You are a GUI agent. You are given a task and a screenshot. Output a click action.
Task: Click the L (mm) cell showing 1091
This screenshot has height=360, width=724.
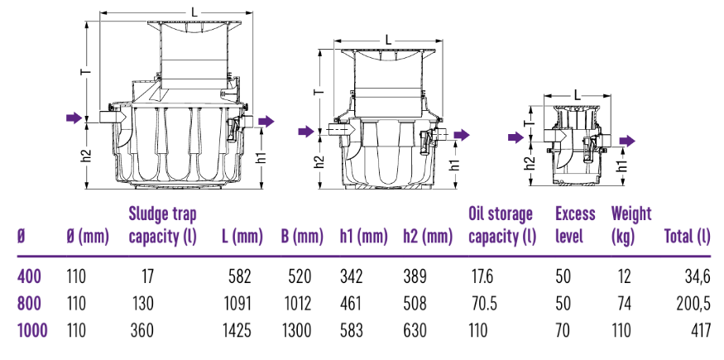tap(237, 303)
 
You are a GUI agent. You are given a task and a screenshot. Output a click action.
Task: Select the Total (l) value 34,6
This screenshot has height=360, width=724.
tap(698, 277)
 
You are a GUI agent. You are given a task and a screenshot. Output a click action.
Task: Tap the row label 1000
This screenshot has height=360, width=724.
tap(32, 330)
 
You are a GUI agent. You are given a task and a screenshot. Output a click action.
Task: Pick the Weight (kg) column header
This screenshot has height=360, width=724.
tap(631, 225)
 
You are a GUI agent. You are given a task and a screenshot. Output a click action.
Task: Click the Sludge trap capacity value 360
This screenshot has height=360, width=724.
tap(141, 330)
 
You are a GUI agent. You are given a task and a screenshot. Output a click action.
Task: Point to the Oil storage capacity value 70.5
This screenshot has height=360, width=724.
tap(483, 303)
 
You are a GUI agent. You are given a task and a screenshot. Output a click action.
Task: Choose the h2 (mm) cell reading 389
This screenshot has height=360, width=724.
tap(415, 277)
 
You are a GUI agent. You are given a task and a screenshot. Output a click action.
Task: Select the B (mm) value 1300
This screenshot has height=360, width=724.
tap(296, 330)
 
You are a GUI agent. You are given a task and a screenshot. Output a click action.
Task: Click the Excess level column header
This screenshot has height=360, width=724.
tap(575, 225)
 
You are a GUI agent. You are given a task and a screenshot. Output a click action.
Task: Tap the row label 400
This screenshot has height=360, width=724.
tap(30, 277)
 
